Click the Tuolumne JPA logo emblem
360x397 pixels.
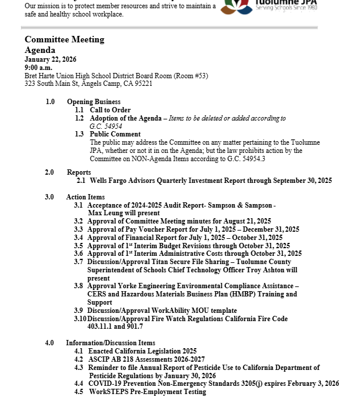[x=238, y=6]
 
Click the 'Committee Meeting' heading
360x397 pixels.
[x=65, y=39]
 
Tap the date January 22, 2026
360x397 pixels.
[x=51, y=60]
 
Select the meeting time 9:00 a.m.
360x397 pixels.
[x=38, y=68]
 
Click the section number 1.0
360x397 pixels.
[x=50, y=102]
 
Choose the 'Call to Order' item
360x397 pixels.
[x=110, y=110]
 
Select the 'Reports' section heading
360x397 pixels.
[x=79, y=172]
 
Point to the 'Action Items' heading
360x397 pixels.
[x=85, y=197]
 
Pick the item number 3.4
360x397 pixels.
[x=79, y=238]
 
